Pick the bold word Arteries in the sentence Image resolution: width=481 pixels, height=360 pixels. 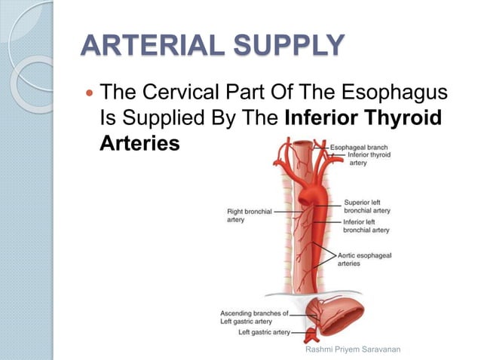coord(139,142)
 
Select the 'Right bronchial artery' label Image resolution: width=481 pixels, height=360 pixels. coord(249,215)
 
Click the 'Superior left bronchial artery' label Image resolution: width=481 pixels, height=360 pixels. coord(366,206)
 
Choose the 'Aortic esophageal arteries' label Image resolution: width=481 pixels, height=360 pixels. coord(365,260)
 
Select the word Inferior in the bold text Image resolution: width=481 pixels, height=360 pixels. coord(326,118)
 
